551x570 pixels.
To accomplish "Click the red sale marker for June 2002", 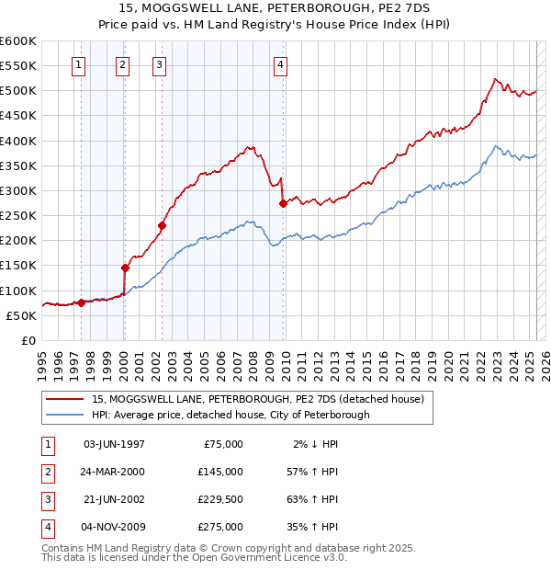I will point(162,225).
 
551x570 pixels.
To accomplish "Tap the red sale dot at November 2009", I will point(282,203).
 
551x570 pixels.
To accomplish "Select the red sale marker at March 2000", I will point(125,268).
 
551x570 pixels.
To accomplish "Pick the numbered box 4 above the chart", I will point(279,64).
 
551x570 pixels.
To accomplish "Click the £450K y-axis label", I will point(18,116).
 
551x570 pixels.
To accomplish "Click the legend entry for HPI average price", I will point(231,415).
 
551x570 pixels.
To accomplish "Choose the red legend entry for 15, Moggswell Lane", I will point(257,399).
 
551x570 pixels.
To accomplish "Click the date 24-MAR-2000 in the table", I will point(114,472).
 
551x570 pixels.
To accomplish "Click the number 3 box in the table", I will point(47,499).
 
